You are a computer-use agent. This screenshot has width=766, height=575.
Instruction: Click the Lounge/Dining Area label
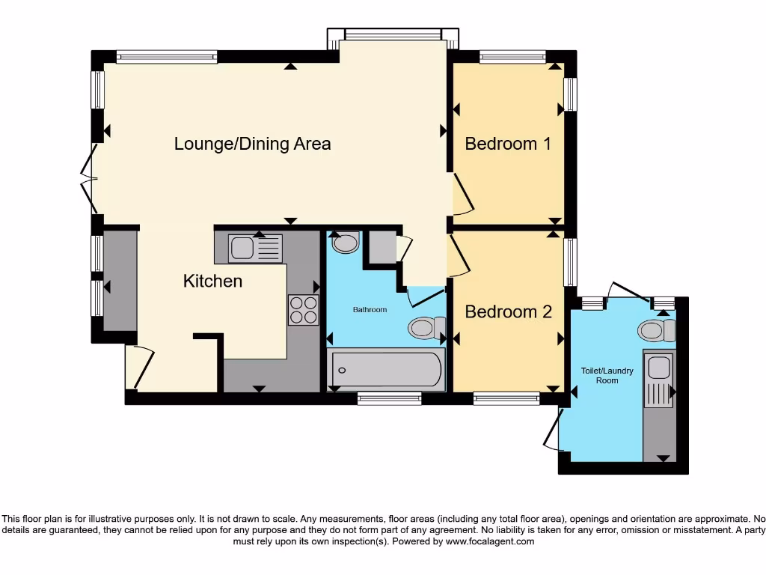click(x=252, y=144)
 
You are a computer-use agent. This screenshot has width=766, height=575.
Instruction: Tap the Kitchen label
click(x=212, y=282)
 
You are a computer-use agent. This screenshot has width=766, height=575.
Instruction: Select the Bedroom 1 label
click(x=508, y=144)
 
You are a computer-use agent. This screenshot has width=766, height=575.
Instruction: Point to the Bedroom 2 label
click(x=508, y=311)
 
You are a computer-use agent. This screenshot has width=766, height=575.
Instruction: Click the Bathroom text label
click(x=370, y=309)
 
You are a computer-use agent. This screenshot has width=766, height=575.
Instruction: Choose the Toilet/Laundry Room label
click(x=607, y=375)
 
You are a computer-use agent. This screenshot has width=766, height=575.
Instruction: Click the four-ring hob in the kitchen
click(x=303, y=310)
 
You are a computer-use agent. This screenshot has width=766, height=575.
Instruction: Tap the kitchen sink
click(x=255, y=248)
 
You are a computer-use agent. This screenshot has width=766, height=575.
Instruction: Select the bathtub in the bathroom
click(x=386, y=369)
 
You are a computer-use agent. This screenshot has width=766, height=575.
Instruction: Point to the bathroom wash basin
click(x=345, y=243)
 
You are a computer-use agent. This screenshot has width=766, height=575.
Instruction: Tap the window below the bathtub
click(x=389, y=399)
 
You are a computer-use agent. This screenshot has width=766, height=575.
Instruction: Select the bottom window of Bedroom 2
click(x=506, y=399)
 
